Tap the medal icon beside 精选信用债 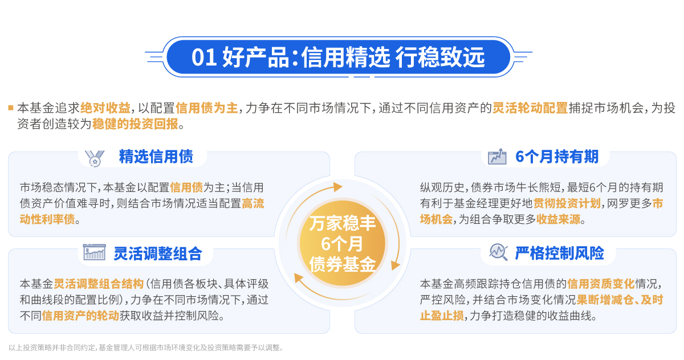[95, 158]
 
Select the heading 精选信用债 [156, 157]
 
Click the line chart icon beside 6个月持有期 [497, 157]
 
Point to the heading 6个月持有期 [557, 157]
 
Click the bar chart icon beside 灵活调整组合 [95, 252]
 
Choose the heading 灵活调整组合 [157, 253]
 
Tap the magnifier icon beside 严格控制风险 [499, 252]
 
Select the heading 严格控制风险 [559, 253]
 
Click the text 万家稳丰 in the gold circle [343, 223]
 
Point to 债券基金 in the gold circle [343, 264]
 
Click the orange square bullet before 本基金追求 [11, 108]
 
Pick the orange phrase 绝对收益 [105, 108]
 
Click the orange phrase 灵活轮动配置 [530, 108]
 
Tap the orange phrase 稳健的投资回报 [135, 124]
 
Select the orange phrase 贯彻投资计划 [567, 203]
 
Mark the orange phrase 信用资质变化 [601, 284]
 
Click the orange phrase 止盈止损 [442, 316]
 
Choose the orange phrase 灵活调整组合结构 [99, 284]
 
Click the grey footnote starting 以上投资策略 [146, 347]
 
